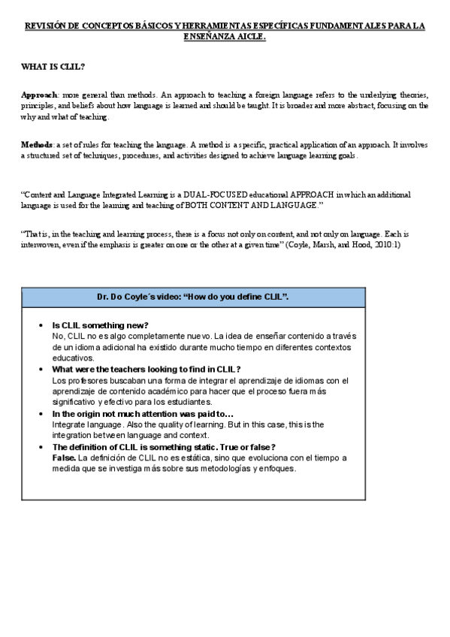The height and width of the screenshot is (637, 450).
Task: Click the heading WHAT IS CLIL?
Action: (x=53, y=67)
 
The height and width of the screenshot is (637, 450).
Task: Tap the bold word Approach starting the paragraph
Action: (x=39, y=95)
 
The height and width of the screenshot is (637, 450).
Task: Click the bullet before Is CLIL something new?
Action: (x=40, y=325)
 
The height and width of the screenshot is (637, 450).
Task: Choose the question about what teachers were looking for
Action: (x=146, y=369)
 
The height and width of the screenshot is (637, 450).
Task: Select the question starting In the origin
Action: (x=143, y=413)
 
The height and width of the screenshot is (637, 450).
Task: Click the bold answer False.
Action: (x=64, y=457)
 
